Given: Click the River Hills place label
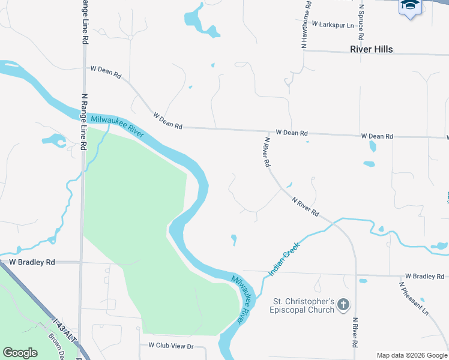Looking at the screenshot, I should (371, 49).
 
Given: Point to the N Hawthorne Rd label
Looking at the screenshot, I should (306, 24).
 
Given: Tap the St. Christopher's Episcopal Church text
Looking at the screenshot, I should (303, 305).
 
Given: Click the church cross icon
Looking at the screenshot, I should (343, 305).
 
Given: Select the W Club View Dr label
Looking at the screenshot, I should (171, 346).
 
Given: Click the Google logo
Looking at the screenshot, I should (20, 353).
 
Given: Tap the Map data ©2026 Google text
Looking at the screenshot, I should (412, 355).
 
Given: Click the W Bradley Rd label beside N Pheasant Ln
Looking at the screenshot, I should (424, 276).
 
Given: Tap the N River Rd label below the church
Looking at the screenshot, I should (355, 333).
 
